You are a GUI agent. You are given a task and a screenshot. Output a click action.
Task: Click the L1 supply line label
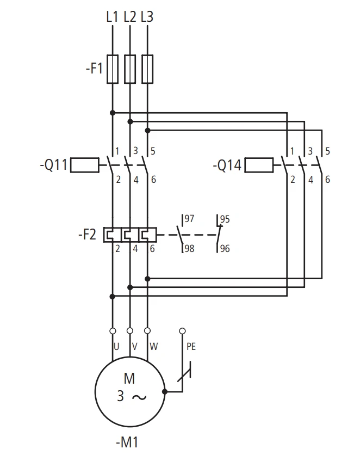pyautogui.click(x=112, y=16)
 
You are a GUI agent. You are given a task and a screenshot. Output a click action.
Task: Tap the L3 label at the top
pyautogui.click(x=147, y=16)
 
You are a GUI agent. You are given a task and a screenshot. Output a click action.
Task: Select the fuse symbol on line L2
pyautogui.click(x=130, y=69)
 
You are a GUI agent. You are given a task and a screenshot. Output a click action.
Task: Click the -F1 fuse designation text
pyautogui.click(x=95, y=69)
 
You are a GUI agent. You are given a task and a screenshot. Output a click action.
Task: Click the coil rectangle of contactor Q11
pyautogui.click(x=85, y=165)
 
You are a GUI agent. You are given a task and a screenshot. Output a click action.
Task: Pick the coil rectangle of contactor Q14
pyautogui.click(x=259, y=165)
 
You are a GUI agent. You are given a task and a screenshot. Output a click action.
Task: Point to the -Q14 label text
pyautogui.click(x=227, y=165)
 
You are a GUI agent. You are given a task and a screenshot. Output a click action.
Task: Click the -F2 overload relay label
pyautogui.click(x=87, y=234)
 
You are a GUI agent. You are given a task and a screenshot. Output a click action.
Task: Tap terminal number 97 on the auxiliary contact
pyautogui.click(x=189, y=218)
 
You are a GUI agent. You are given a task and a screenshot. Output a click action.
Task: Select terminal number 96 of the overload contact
pyautogui.click(x=225, y=249)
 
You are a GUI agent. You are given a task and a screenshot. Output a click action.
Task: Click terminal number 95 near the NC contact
pyautogui.click(x=225, y=219)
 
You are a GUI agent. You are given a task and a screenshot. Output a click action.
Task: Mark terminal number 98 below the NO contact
pyautogui.click(x=190, y=249)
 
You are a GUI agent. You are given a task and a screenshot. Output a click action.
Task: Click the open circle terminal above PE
pyautogui.click(x=182, y=331)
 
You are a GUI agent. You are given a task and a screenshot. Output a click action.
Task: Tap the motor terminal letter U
pyautogui.click(x=116, y=347)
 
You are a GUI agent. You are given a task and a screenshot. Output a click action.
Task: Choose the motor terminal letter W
pyautogui.click(x=153, y=347)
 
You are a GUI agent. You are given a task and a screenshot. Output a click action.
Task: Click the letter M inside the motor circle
pyautogui.click(x=129, y=378)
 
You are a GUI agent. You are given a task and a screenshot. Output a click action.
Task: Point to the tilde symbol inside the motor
pyautogui.click(x=139, y=397)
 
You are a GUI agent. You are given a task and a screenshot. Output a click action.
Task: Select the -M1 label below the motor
pyautogui.click(x=127, y=442)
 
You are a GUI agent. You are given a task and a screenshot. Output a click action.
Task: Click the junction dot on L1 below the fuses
pyautogui.click(x=113, y=113)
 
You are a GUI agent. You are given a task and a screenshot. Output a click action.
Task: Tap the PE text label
pyautogui.click(x=191, y=347)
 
